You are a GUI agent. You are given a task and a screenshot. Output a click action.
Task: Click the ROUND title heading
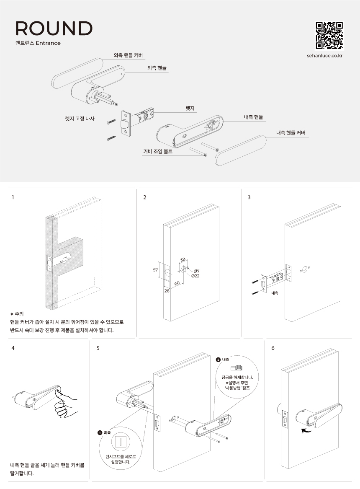(x=54, y=28)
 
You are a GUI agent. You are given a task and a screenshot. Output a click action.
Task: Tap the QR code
(x=329, y=36)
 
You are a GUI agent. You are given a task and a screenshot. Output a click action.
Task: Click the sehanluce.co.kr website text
(x=325, y=55)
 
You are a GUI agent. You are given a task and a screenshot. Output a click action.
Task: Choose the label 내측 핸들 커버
(x=291, y=133)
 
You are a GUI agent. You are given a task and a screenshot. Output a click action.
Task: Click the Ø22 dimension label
(x=195, y=276)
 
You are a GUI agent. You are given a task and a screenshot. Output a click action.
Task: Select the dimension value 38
(x=183, y=260)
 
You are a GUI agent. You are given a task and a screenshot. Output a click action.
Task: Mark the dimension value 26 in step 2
(x=167, y=291)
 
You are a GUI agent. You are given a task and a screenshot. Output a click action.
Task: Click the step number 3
(x=249, y=197)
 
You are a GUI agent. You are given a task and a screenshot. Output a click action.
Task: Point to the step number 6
(x=273, y=348)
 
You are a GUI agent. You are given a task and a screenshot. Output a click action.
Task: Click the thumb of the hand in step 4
(x=58, y=393)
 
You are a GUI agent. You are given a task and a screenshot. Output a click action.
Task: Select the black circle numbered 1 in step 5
(x=100, y=432)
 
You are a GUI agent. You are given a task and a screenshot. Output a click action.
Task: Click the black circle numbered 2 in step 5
(x=218, y=360)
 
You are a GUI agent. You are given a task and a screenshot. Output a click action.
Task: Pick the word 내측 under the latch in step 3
(x=275, y=294)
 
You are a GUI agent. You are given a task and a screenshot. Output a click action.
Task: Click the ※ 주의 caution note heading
(x=17, y=314)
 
